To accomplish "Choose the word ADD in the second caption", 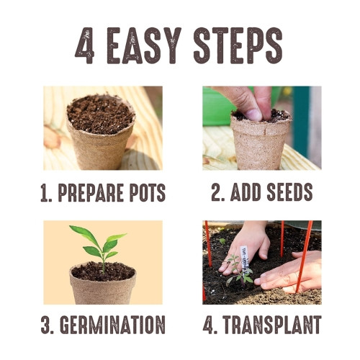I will pos(240,193).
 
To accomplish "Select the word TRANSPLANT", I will pos(271,324).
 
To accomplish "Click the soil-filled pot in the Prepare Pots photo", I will pos(101,133).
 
